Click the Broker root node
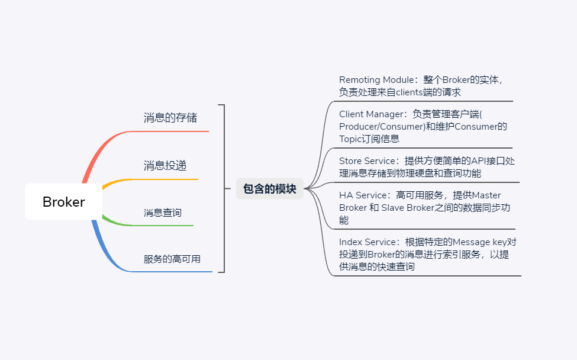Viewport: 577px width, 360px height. [63, 202]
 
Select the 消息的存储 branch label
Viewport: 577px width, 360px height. [170, 117]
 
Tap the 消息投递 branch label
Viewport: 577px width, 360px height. [165, 165]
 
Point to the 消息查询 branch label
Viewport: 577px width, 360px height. [163, 213]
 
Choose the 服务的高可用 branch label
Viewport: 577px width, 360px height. [172, 259]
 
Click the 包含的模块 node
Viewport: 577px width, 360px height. [269, 189]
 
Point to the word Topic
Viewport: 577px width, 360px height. [350, 139]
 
